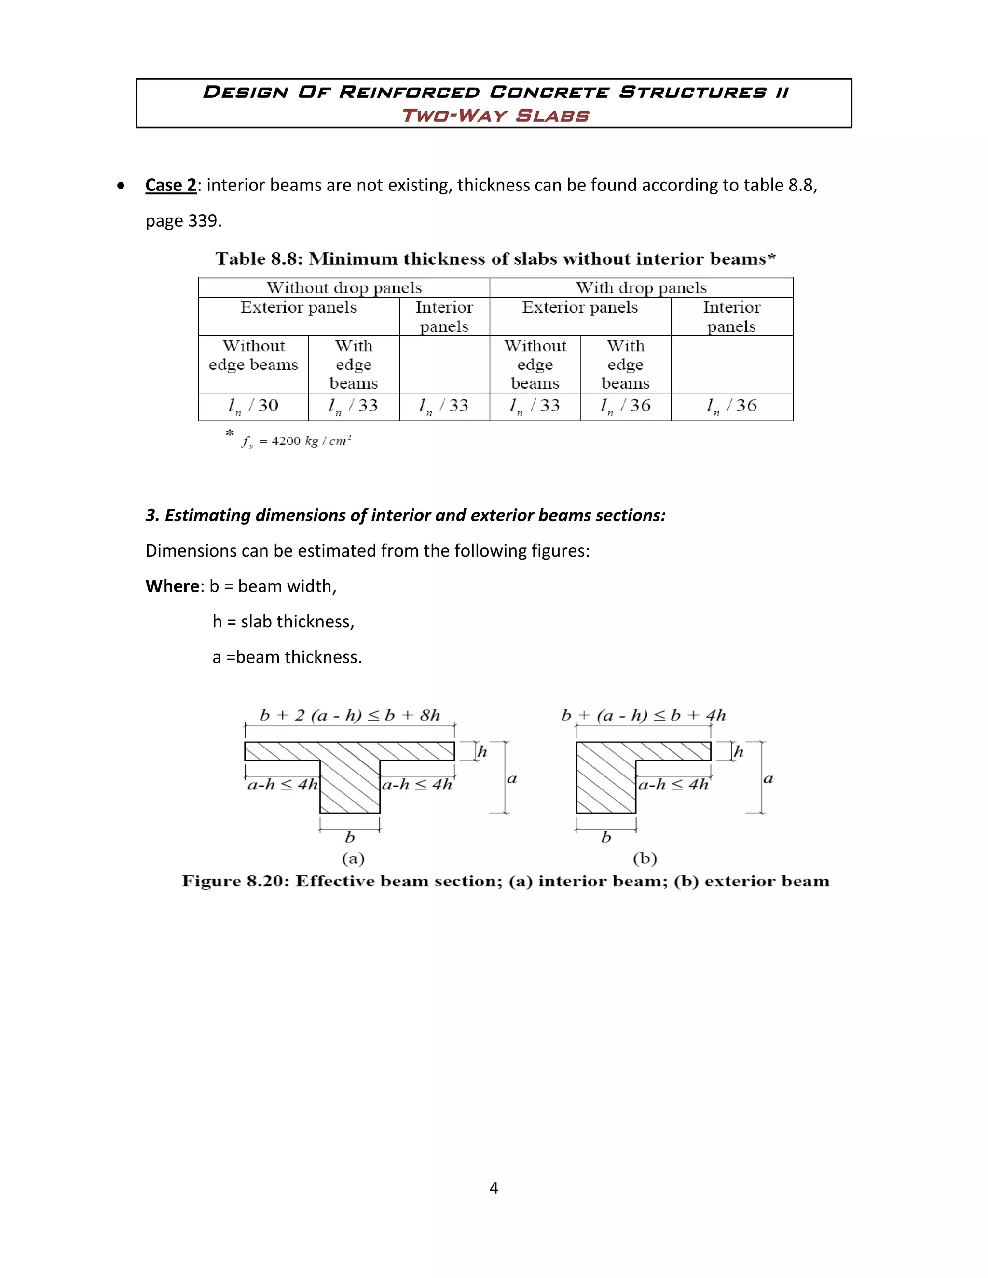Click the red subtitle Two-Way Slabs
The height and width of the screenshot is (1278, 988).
[x=495, y=115]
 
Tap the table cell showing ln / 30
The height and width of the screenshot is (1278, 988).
[x=253, y=406]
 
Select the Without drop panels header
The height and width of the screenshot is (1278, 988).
[x=344, y=287]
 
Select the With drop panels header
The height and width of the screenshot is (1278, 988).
[x=641, y=287]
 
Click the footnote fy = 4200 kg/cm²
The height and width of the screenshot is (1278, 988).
[x=296, y=441]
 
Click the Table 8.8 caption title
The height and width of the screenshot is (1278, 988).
[x=495, y=258]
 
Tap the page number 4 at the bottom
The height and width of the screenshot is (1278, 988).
[x=494, y=1187]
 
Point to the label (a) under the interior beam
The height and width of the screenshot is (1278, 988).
[x=353, y=858]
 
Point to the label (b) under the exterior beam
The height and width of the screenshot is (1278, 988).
[x=645, y=858]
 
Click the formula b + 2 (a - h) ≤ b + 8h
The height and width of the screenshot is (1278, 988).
[x=349, y=715]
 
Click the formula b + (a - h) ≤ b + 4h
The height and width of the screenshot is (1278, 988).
[x=643, y=715]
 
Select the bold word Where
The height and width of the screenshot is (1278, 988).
[x=172, y=586]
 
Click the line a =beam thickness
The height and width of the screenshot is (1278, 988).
[x=287, y=657]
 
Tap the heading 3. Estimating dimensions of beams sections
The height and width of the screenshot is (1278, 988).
[x=405, y=515]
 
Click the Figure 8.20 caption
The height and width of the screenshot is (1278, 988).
[x=505, y=881]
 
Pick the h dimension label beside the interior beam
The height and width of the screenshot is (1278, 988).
[x=482, y=751]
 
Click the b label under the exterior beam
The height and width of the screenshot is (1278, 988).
[x=606, y=837]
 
